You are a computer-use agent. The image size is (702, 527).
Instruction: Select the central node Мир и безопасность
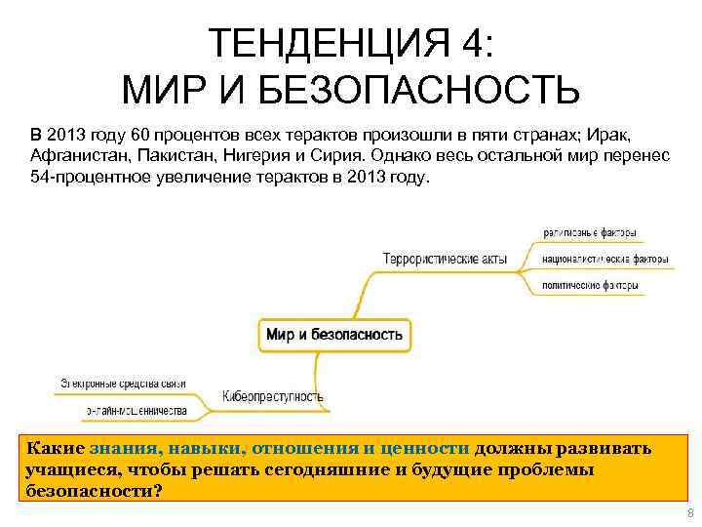[x=333, y=334]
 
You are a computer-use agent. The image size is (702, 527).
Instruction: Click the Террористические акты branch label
[x=446, y=260]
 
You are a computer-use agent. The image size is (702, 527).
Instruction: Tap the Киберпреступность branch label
[x=273, y=396]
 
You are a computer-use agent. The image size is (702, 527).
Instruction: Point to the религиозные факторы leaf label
[x=590, y=233]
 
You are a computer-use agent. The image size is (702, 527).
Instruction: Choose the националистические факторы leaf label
[x=605, y=260]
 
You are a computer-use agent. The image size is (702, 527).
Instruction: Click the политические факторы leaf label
[x=591, y=286]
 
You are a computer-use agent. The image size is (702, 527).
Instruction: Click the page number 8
[x=689, y=513]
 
